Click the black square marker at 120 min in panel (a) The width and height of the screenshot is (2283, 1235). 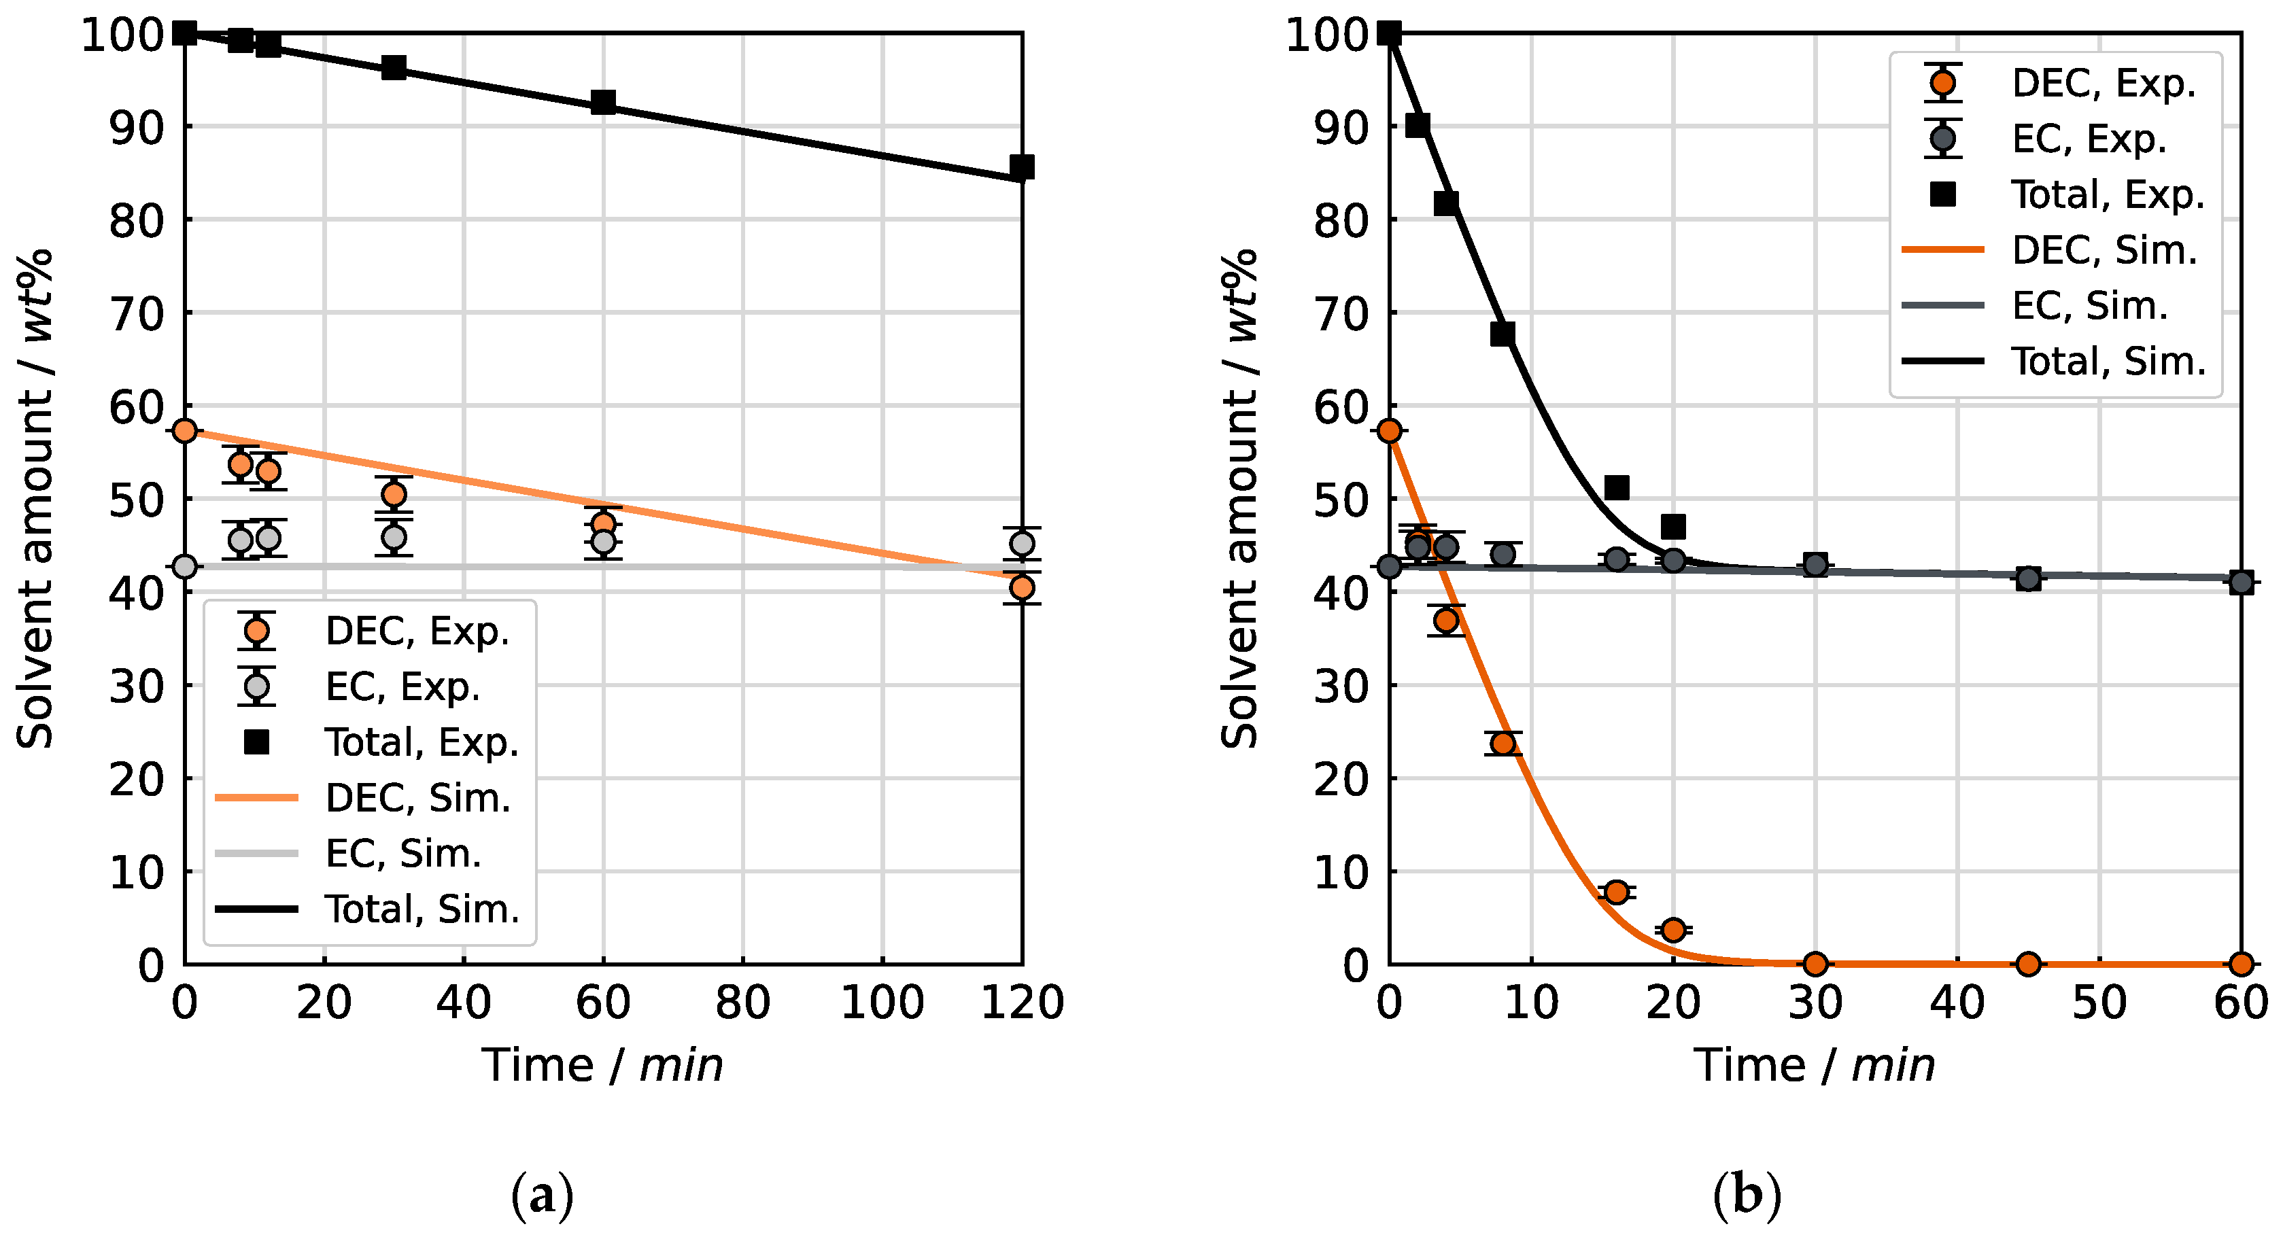tap(1022, 167)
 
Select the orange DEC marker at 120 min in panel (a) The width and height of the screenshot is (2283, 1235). tap(1022, 587)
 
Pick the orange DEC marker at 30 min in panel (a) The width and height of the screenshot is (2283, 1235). tap(394, 493)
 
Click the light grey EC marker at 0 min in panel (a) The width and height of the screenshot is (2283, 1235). tap(184, 566)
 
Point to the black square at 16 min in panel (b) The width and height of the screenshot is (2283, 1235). tap(1617, 487)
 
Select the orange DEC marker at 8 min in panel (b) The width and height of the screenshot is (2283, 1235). tap(1503, 742)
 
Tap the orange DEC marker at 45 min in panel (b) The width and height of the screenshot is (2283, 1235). tap(2029, 963)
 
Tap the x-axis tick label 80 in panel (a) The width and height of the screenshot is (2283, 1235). tap(742, 1003)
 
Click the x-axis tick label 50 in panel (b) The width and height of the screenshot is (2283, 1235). tap(2099, 1003)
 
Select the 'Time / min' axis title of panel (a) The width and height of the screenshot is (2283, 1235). tap(602, 1065)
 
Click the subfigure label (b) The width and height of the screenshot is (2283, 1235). tap(1747, 1196)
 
